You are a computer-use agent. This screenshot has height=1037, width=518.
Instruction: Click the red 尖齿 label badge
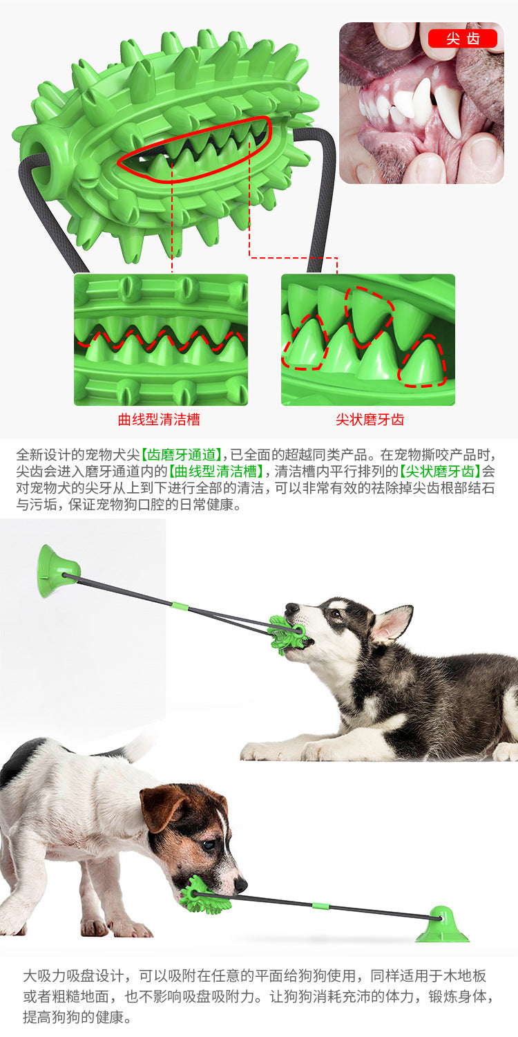[x=462, y=39]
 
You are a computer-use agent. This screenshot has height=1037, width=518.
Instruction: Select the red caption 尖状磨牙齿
[x=370, y=420]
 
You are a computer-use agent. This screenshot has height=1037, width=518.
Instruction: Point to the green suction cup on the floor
[x=442, y=925]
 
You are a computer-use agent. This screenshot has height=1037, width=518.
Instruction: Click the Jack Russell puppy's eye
[x=208, y=846]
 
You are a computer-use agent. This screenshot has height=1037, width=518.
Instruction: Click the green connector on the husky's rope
[x=180, y=607]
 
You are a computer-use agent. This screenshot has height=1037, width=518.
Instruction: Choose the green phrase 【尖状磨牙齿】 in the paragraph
[x=440, y=471]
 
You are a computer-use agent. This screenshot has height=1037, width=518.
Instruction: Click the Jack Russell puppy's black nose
[x=240, y=884]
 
